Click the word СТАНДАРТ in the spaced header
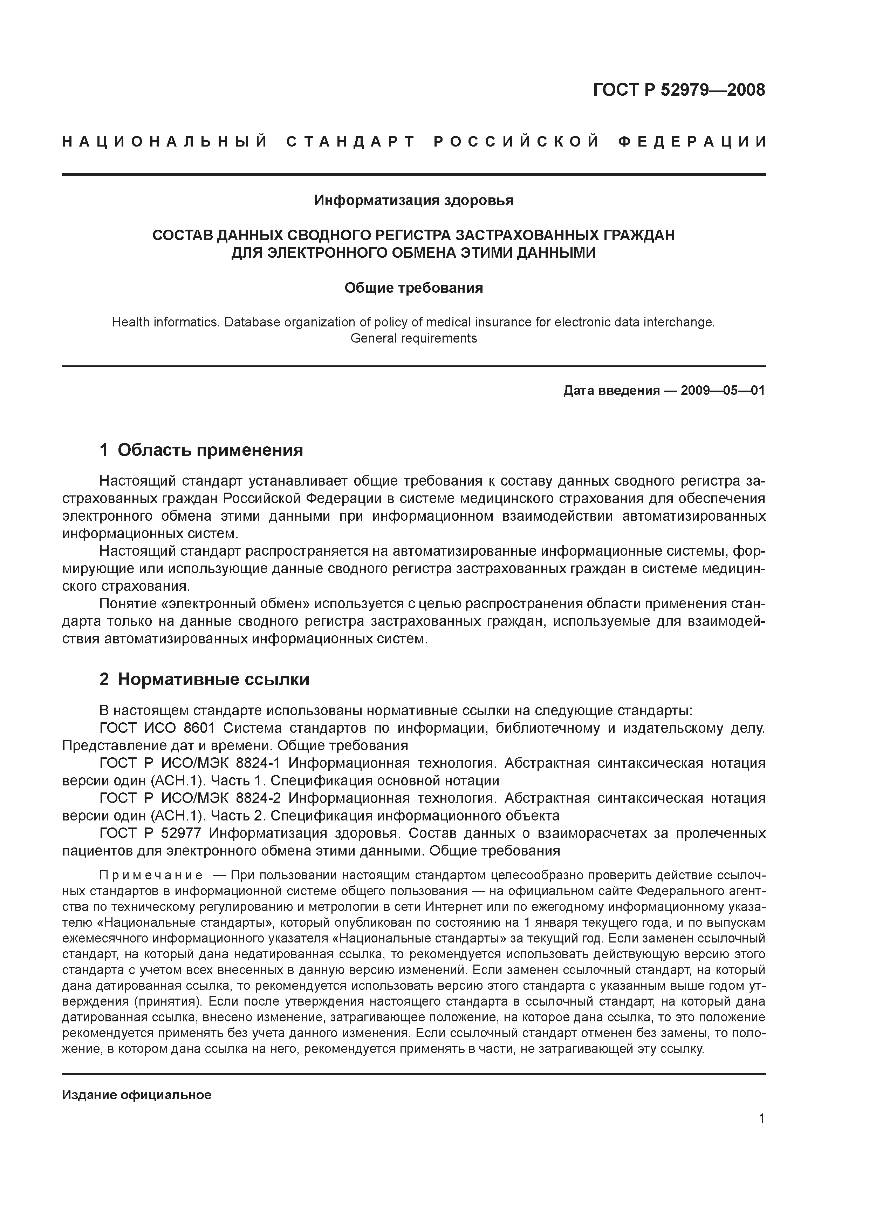351,142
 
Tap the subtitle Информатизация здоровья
413,200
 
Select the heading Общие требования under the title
413,288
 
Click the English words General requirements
413,339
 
